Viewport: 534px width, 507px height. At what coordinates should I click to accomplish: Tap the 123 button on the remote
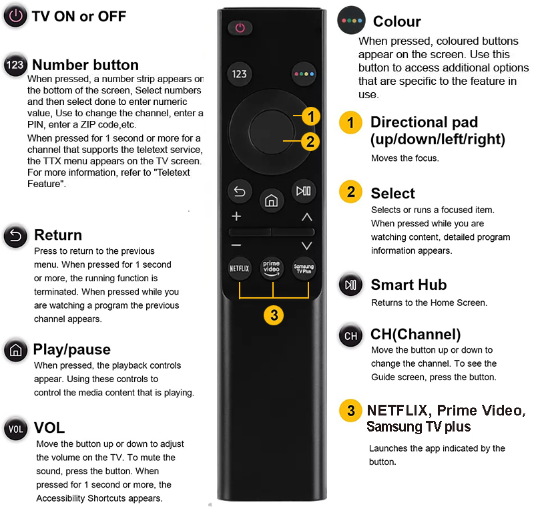pyautogui.click(x=240, y=73)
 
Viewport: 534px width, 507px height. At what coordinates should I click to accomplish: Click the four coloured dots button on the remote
pyautogui.click(x=304, y=73)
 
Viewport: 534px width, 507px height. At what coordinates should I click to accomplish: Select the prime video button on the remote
pyautogui.click(x=272, y=269)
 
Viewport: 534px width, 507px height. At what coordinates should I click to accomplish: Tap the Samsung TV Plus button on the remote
pyautogui.click(x=304, y=269)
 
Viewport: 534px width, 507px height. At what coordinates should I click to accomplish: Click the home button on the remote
pyautogui.click(x=272, y=200)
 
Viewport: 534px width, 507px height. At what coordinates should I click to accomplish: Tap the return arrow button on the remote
pyautogui.click(x=240, y=192)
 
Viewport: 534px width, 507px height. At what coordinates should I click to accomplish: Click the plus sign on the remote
pyautogui.click(x=236, y=216)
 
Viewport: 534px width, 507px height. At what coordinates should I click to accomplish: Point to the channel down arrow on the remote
pyautogui.click(x=307, y=246)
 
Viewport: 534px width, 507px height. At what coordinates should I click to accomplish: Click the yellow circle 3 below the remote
pyautogui.click(x=274, y=315)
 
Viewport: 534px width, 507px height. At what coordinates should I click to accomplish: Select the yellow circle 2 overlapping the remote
pyautogui.click(x=310, y=142)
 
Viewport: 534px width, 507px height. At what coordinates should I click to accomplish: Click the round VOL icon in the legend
pyautogui.click(x=15, y=429)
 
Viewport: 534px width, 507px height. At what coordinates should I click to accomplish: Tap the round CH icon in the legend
pyautogui.click(x=351, y=336)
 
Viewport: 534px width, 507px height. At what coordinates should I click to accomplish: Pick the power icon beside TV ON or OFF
pyautogui.click(x=15, y=16)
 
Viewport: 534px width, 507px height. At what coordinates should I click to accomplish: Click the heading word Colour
pyautogui.click(x=397, y=21)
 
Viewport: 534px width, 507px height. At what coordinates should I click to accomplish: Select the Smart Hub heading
pyautogui.click(x=409, y=285)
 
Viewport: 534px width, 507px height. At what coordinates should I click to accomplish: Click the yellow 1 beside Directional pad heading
pyautogui.click(x=351, y=122)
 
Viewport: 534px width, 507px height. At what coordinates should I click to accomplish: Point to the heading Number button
pyautogui.click(x=85, y=65)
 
